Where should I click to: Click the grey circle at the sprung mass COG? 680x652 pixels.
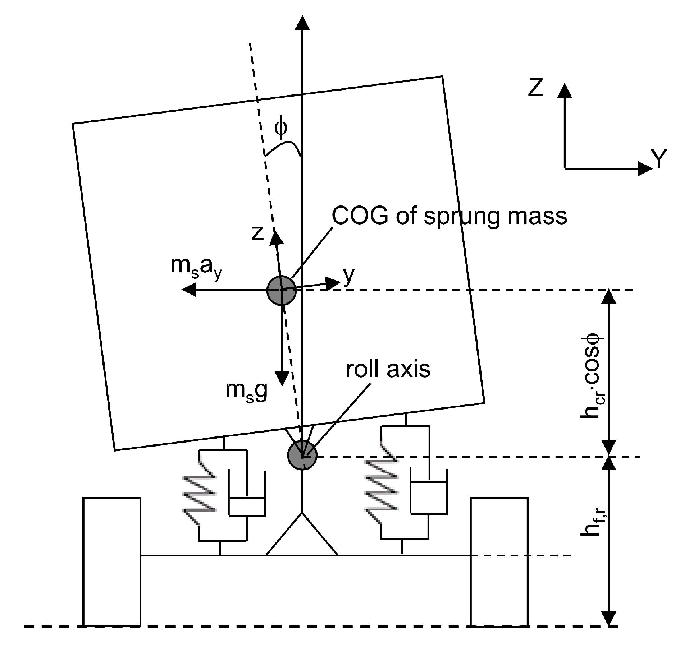pyautogui.click(x=282, y=290)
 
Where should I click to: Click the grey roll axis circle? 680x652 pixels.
pyautogui.click(x=302, y=455)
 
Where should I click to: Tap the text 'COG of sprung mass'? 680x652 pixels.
pyautogui.click(x=449, y=217)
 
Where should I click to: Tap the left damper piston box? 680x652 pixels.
pyautogui.click(x=247, y=507)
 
